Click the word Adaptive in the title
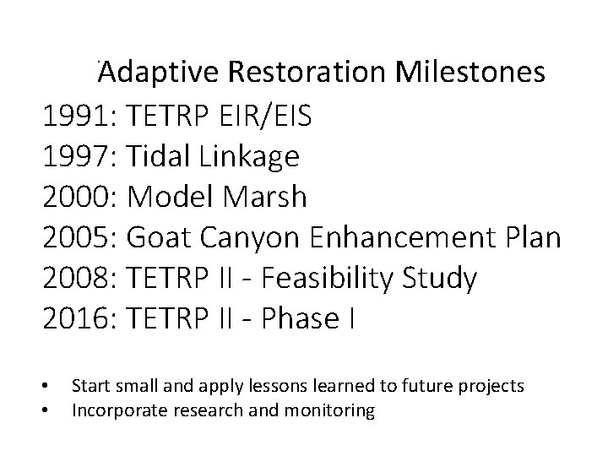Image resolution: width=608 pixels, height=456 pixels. click(158, 73)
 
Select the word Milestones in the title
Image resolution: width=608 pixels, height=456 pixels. click(472, 73)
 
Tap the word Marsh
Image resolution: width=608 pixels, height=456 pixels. click(268, 197)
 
